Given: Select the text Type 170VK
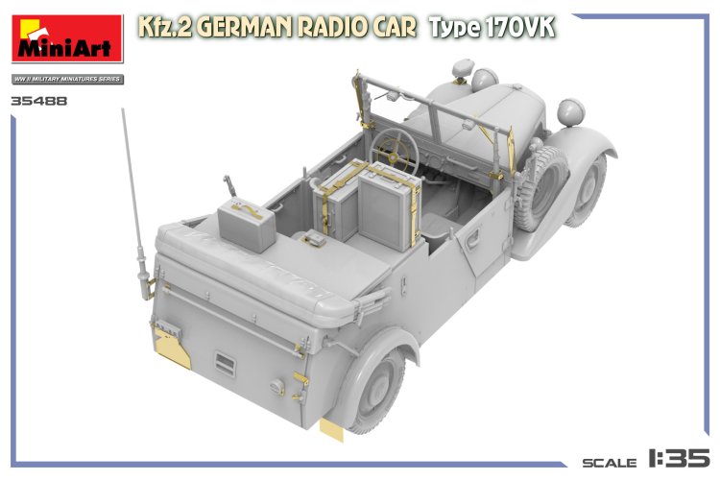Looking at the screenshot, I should click(x=492, y=28).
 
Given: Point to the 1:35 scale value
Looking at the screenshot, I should click(x=681, y=458).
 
